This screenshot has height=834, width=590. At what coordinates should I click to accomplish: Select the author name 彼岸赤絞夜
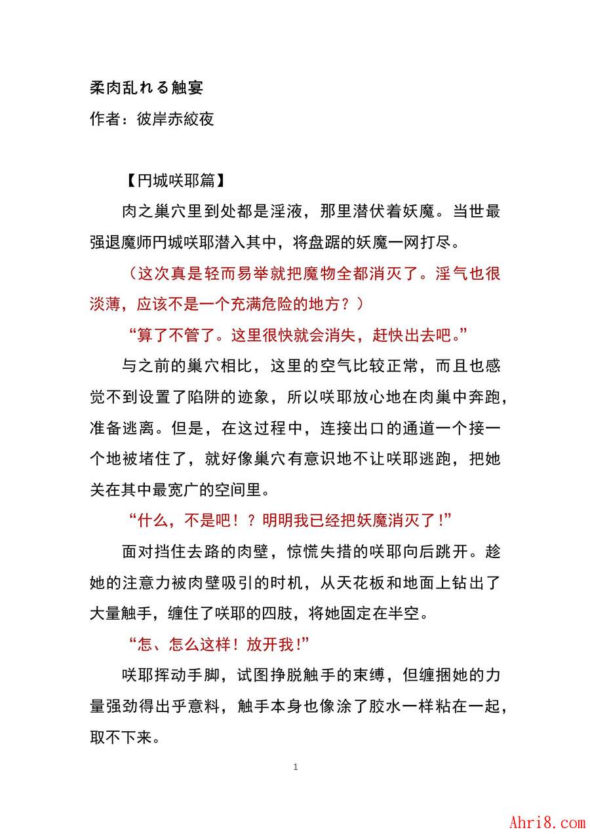coord(175,119)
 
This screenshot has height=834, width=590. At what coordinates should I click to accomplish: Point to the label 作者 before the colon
coord(105,119)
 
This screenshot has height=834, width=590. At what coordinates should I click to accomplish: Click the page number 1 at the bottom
coord(296,767)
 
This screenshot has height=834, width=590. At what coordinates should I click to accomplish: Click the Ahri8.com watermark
coord(547,822)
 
